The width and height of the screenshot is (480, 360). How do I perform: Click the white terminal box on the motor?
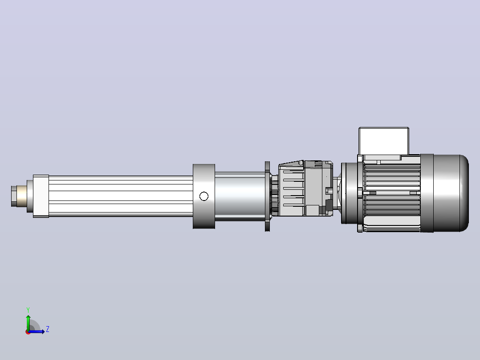pyautogui.click(x=384, y=141)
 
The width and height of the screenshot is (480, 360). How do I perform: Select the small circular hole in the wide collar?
pyautogui.click(x=204, y=196)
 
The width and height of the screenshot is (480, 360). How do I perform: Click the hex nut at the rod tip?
pyautogui.click(x=14, y=196)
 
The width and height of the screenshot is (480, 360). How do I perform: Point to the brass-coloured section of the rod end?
pyautogui.click(x=22, y=196)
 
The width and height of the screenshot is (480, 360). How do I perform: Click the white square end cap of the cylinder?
pyautogui.click(x=41, y=196)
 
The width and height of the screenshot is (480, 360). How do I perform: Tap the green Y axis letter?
pyautogui.click(x=28, y=310)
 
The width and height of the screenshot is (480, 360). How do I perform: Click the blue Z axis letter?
pyautogui.click(x=48, y=329)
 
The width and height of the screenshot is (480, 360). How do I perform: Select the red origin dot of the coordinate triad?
pyautogui.click(x=28, y=332)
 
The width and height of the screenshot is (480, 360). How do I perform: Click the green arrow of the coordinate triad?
pyautogui.click(x=28, y=323)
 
